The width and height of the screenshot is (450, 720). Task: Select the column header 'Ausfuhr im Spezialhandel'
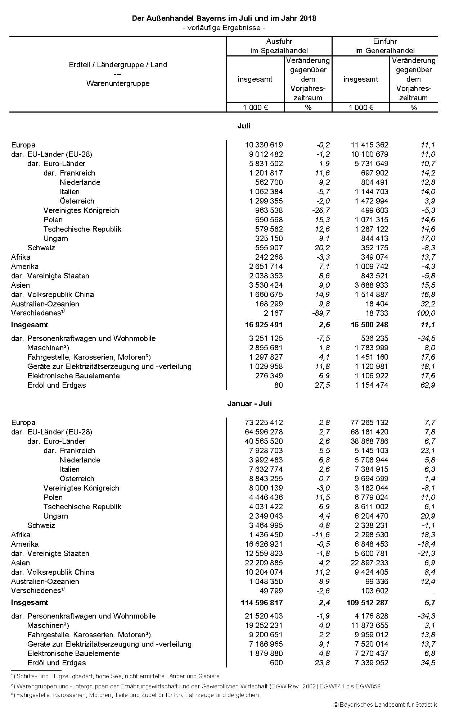[x=279, y=46]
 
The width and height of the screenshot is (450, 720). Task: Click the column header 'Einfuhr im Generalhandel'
[x=385, y=46]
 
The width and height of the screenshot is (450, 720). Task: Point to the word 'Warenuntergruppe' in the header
[x=118, y=83]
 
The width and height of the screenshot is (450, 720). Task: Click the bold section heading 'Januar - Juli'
[x=249, y=403]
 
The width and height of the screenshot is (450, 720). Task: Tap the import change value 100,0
[x=426, y=313]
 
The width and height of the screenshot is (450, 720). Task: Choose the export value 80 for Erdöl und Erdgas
[x=278, y=385]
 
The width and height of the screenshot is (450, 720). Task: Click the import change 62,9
[x=428, y=385]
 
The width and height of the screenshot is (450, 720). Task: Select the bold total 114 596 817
[x=262, y=602]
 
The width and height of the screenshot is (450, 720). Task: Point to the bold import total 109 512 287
[x=367, y=602]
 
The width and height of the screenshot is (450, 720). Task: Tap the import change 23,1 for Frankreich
[x=428, y=451]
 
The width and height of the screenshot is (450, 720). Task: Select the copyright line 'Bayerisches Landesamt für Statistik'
[x=385, y=705]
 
